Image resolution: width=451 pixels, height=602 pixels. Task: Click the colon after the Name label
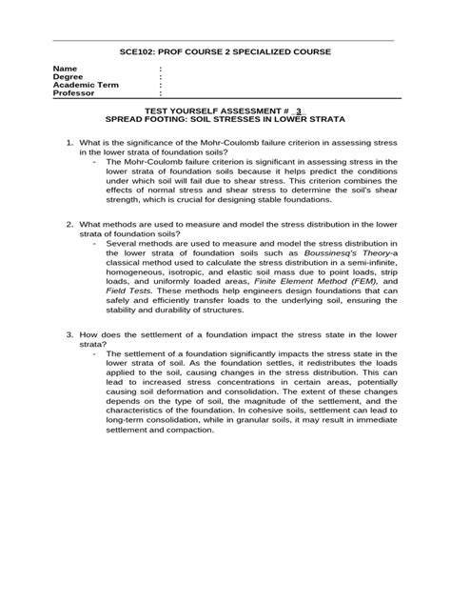click(x=161, y=70)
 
